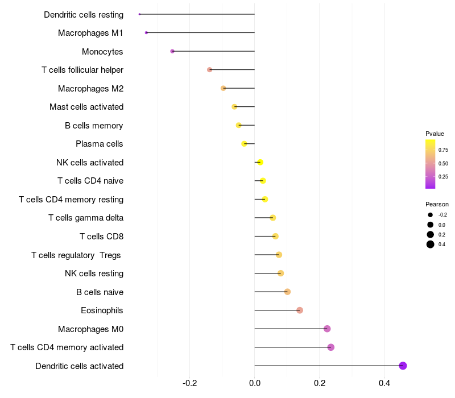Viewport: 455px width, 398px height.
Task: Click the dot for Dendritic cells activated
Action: click(x=403, y=366)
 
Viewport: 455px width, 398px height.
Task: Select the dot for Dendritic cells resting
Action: click(x=139, y=14)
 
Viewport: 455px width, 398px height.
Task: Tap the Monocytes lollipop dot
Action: click(x=172, y=51)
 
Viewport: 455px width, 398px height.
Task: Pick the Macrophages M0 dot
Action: click(x=327, y=329)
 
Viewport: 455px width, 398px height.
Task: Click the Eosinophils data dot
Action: click(x=300, y=310)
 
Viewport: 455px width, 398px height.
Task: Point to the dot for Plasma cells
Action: click(x=245, y=144)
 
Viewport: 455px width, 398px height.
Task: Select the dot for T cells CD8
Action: click(x=275, y=236)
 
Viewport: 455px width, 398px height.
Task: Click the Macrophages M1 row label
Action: click(x=90, y=33)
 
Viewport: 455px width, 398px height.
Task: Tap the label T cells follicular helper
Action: click(x=82, y=70)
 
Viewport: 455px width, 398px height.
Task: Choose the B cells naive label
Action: click(x=100, y=292)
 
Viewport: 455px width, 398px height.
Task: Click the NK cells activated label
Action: click(x=90, y=163)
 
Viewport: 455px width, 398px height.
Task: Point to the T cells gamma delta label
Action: click(x=86, y=218)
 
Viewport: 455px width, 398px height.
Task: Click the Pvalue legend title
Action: click(x=435, y=134)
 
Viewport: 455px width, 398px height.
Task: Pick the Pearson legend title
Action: click(x=437, y=204)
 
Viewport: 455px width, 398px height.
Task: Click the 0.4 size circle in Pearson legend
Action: click(x=431, y=244)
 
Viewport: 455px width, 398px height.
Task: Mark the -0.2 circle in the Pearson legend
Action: click(x=431, y=215)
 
